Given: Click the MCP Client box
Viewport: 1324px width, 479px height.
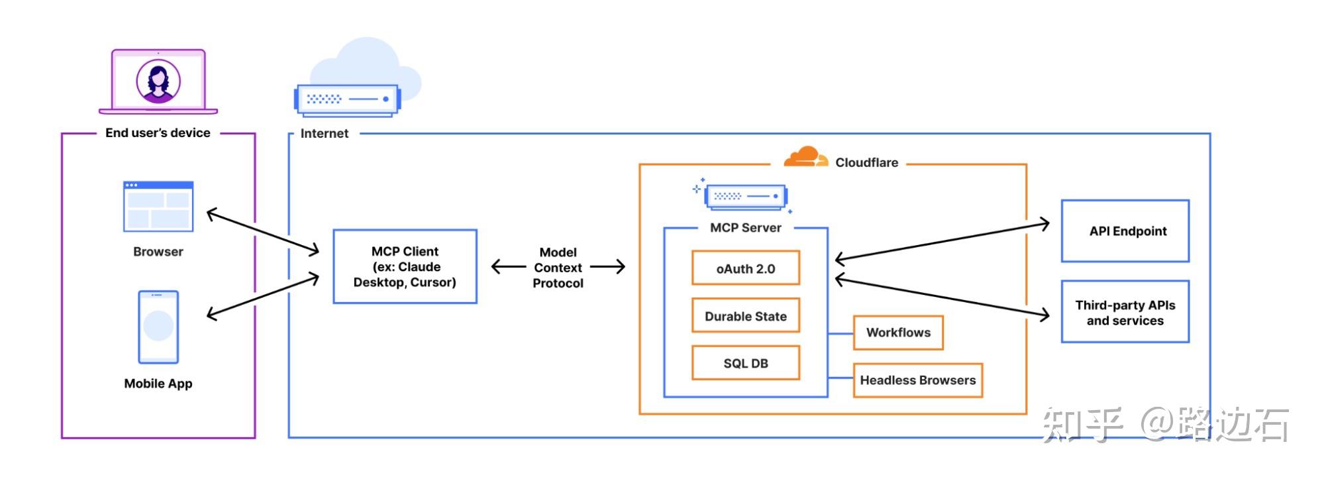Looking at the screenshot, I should [x=405, y=266].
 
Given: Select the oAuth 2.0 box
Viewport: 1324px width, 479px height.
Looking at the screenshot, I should [x=745, y=268].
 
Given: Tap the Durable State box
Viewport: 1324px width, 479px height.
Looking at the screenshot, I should [x=745, y=316].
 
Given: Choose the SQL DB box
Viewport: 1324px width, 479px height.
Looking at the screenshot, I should [x=745, y=363].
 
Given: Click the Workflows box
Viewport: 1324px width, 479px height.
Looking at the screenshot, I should [x=897, y=333].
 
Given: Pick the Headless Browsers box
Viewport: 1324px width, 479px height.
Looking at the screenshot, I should [x=917, y=380].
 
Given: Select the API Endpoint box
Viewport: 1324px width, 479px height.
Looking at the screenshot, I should [x=1125, y=231].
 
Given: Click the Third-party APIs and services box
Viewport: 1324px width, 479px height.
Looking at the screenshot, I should [x=1125, y=312].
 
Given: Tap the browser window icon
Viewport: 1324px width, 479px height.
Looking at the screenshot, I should [x=158, y=207].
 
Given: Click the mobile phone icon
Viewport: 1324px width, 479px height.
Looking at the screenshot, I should [x=158, y=327].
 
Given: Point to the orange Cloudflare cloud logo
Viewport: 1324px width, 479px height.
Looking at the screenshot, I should [x=805, y=157].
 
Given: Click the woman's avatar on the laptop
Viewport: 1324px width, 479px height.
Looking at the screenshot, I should [x=158, y=81].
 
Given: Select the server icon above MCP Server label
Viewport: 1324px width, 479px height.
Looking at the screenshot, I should [x=746, y=196].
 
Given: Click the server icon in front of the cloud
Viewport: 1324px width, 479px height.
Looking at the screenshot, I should [x=347, y=100].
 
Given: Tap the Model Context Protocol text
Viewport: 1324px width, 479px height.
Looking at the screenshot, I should [x=558, y=268].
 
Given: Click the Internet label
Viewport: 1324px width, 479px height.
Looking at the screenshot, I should [x=324, y=133].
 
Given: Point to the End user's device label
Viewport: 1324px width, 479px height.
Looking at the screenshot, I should [x=158, y=133].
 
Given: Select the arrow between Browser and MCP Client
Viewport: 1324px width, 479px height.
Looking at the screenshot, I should [x=263, y=232].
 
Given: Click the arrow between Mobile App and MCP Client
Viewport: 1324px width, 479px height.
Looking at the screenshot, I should [x=263, y=295].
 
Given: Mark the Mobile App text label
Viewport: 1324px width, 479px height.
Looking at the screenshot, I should [x=158, y=384].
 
